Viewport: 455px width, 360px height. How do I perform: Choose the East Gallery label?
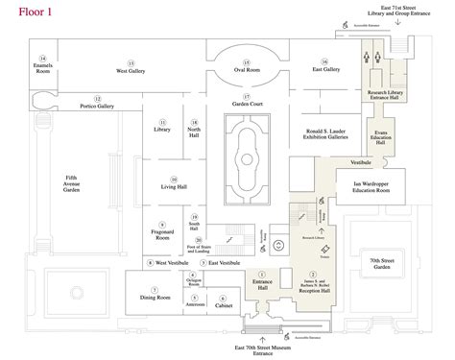click(x=331, y=70)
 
